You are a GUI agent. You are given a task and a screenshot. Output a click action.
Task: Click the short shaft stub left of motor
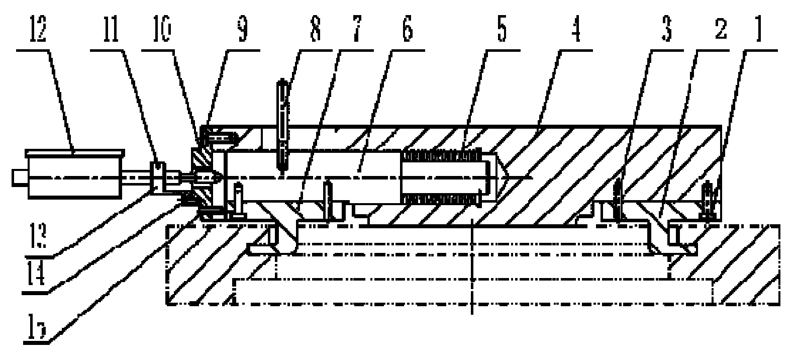[x=19, y=176]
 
